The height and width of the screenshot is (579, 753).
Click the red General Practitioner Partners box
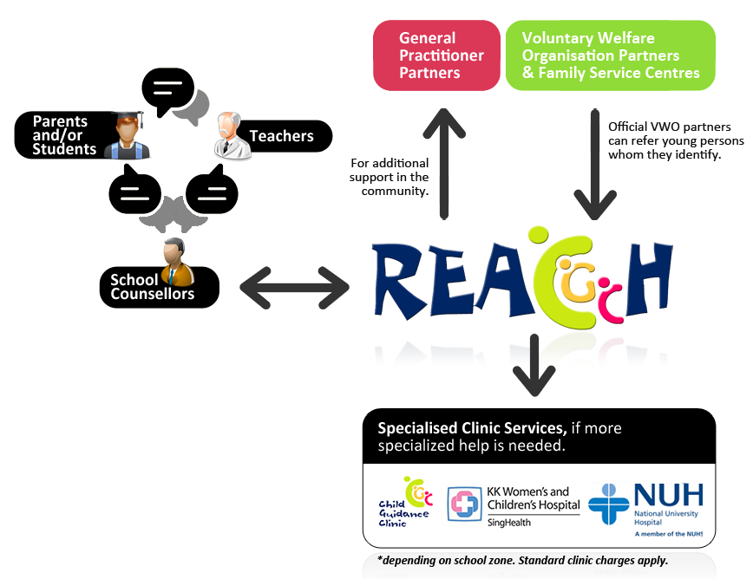pos(436,55)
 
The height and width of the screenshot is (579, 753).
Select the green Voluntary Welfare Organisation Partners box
pos(610,55)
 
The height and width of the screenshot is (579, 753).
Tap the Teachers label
pos(282,136)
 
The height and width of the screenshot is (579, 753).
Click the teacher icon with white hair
pos(232,136)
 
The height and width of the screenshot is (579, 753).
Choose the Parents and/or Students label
pos(64,136)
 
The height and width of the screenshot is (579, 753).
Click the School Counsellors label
pos(152,287)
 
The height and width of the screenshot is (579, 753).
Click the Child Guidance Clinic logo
pos(404,502)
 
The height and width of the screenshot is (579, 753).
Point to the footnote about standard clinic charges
pos(523,560)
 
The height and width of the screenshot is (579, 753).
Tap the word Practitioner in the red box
pos(442,55)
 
